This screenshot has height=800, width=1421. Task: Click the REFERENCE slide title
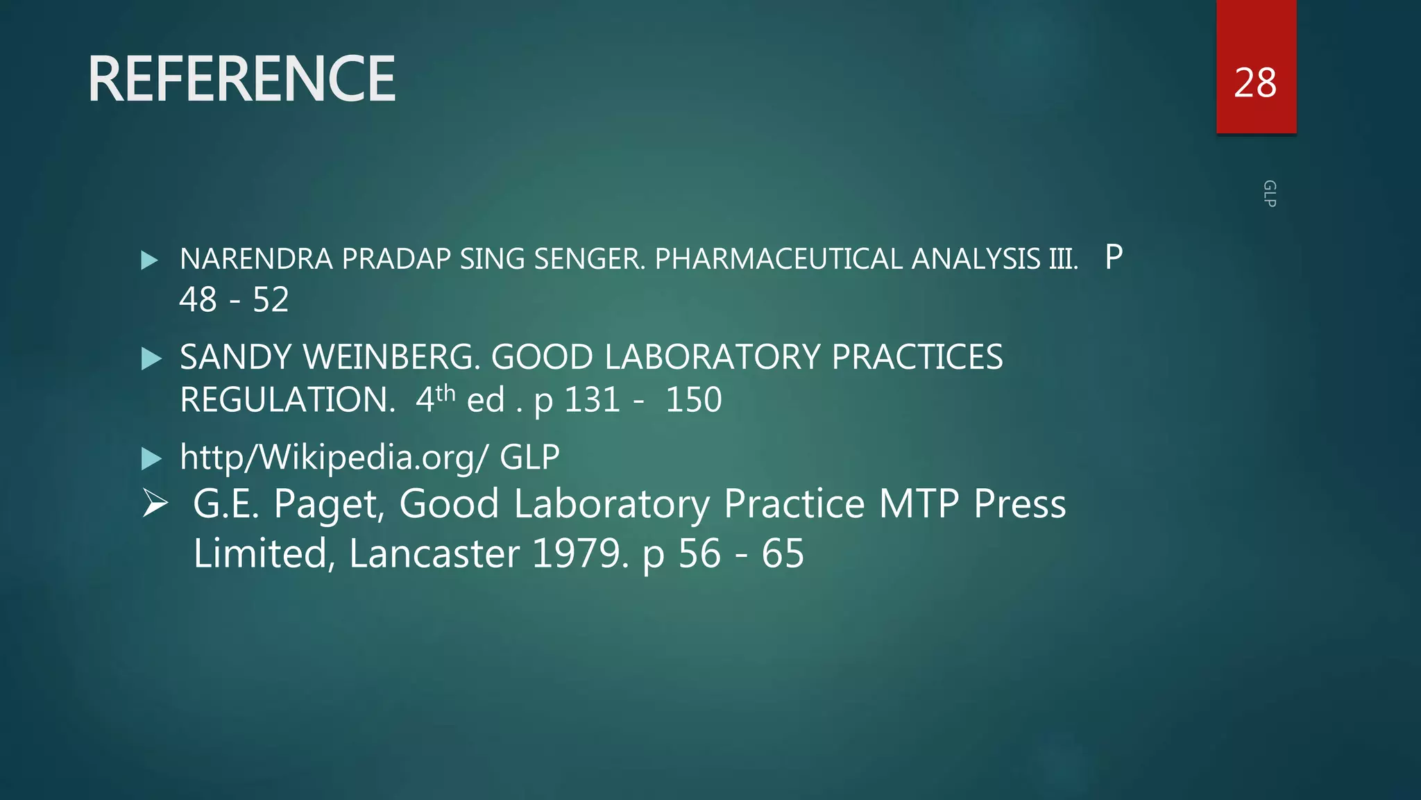241,79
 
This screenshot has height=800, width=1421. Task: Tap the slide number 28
1254,83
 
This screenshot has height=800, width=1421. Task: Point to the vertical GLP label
1269,194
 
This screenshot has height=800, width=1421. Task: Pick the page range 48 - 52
234,300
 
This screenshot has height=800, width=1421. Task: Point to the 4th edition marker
435,399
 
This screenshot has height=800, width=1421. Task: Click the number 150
693,400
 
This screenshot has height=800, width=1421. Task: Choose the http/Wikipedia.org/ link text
334,457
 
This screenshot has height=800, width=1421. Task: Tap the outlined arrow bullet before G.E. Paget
155,503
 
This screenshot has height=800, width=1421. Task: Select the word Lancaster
434,553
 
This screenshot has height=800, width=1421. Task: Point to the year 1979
580,553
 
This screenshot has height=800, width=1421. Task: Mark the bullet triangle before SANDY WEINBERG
151,359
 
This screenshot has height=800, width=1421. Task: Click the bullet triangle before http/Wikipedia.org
151,458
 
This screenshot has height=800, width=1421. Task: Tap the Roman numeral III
1062,259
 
